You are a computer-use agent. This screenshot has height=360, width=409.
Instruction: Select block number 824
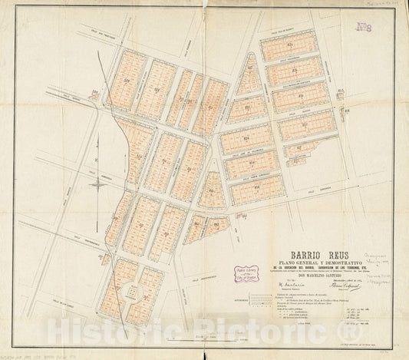pyautogui.click(x=246, y=138)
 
